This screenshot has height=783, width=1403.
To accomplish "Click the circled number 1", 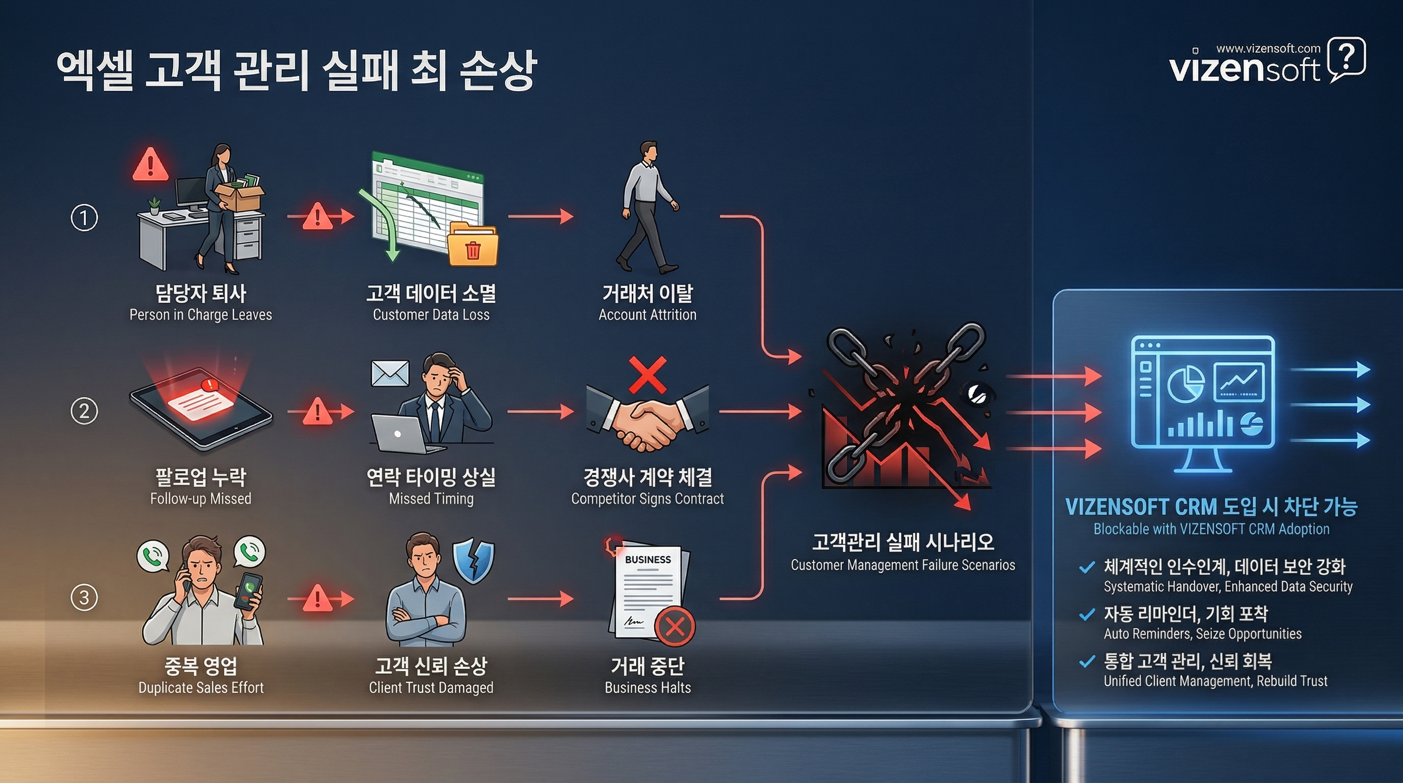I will [85, 218].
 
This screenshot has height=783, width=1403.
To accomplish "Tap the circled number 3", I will [85, 597].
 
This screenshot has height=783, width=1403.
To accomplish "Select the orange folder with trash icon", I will [472, 246].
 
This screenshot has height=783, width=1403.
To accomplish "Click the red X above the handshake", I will [647, 375].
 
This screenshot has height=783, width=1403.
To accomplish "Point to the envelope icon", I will [390, 374].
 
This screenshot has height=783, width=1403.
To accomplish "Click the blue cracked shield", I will [473, 561].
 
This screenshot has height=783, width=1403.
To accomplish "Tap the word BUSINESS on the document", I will [647, 559].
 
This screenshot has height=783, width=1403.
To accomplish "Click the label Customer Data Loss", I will [431, 315].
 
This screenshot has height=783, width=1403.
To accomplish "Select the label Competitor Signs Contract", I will [647, 499].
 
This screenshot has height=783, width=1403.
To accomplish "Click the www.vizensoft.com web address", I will [1268, 48].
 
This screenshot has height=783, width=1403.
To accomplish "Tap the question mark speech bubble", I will [1346, 58].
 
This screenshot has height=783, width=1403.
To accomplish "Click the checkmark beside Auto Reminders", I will [1086, 615].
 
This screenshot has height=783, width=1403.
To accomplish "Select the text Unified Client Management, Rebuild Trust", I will [1215, 681].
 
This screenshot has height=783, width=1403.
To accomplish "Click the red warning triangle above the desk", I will [150, 165].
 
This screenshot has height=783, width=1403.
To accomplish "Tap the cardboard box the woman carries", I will [239, 197].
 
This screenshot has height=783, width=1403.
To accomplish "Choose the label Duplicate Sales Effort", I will [201, 688].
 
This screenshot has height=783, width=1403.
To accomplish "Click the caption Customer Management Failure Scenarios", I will [902, 565].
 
